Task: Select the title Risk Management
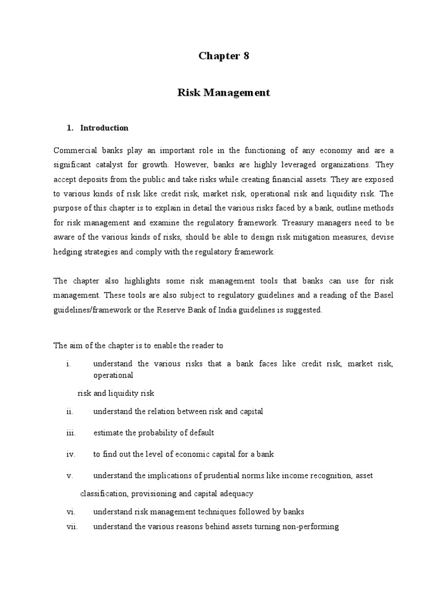tap(224, 92)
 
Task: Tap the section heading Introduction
tap(104, 128)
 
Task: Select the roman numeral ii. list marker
tap(70, 411)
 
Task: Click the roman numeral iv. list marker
tap(71, 454)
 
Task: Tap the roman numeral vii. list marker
tap(72, 526)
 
